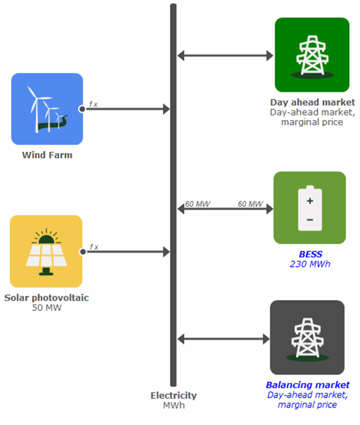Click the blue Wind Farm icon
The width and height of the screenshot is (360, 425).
47,109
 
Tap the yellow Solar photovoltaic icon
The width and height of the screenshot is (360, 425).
46,251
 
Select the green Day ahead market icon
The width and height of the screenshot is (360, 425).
312,55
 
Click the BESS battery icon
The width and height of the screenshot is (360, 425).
310,208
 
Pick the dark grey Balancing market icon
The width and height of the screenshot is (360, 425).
307,337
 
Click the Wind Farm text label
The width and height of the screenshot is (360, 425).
47,155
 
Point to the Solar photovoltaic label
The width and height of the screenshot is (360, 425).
46,298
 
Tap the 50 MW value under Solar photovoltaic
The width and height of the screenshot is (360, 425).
46,308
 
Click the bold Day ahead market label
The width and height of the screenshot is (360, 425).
312,102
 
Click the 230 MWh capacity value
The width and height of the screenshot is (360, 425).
310,264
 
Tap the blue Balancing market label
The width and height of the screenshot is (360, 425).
307,385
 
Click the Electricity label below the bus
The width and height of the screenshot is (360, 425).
173,396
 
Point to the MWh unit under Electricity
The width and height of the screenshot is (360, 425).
173,405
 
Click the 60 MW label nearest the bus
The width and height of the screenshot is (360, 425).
197,204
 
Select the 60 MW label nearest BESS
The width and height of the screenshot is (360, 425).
250,204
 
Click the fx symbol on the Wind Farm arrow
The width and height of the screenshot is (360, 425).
94,104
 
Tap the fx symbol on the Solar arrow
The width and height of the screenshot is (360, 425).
94,247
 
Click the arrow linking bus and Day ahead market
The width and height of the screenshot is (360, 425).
225,56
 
